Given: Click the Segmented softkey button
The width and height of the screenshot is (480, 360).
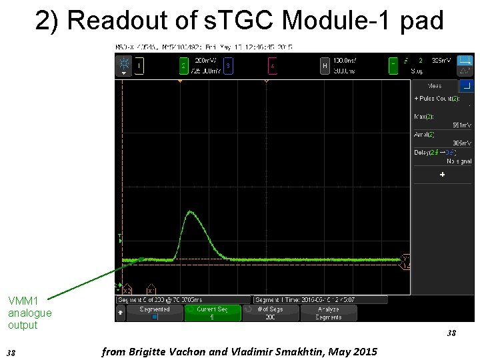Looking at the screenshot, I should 155,313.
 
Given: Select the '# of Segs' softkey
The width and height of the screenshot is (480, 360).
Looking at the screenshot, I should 270,313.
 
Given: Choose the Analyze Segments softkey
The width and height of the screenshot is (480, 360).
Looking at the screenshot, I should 328,313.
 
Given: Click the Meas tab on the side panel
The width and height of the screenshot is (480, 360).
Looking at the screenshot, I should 435,85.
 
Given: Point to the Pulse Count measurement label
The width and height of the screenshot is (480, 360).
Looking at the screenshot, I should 437,99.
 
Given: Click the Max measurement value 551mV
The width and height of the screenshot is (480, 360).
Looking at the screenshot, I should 461,125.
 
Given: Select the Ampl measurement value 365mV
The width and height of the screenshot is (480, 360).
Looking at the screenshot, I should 461,143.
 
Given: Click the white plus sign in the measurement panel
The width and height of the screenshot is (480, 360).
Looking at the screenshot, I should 441,175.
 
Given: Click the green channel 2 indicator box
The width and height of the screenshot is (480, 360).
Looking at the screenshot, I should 184,66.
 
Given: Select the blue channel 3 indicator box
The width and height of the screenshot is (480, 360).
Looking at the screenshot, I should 228,66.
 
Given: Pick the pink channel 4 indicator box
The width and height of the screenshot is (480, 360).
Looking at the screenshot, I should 272,66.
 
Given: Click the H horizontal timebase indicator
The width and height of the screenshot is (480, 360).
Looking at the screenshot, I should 324,66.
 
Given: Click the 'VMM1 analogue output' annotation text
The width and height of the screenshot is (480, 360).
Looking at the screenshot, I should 29,313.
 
